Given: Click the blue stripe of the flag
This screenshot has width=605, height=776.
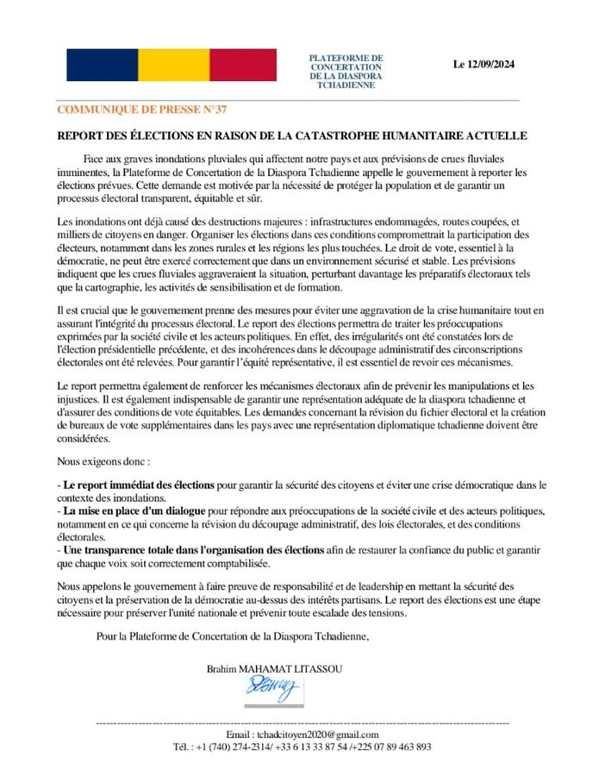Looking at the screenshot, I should pos(102,65).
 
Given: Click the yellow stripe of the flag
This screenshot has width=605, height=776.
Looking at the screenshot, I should pos(172,65).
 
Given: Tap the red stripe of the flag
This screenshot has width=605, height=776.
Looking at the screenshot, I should pos(242,65).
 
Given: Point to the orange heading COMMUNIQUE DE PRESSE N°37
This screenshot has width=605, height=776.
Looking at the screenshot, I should pos(142,110).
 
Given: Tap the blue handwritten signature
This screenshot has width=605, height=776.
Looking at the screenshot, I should pos(271,688).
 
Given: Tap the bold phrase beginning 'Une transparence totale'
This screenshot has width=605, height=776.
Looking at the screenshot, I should pos(194,549).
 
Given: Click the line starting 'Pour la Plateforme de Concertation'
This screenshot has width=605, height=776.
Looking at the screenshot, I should pos(232,636).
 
